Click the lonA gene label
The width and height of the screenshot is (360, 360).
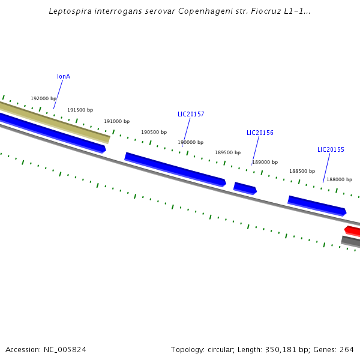(64, 77)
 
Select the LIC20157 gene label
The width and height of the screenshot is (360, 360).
(191, 115)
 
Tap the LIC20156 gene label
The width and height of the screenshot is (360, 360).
(260, 133)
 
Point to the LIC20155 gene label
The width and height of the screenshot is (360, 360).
(331, 150)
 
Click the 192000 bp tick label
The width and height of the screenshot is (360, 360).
(44, 99)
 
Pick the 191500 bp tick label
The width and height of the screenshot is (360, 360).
(80, 110)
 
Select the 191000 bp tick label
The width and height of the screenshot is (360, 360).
(116, 122)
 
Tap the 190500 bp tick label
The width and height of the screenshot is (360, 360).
(154, 133)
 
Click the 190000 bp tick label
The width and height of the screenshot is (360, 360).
(190, 143)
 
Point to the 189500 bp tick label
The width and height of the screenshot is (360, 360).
(228, 153)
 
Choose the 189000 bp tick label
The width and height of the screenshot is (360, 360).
(265, 163)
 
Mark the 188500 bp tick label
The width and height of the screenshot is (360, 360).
(302, 172)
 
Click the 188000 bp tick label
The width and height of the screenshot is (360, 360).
(340, 180)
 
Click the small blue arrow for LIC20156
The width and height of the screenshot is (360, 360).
(245, 188)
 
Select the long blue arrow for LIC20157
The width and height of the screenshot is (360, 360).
(175, 169)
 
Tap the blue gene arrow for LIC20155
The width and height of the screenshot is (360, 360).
(317, 205)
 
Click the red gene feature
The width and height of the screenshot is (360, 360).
(353, 231)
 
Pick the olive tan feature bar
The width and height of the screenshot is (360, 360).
(54, 122)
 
